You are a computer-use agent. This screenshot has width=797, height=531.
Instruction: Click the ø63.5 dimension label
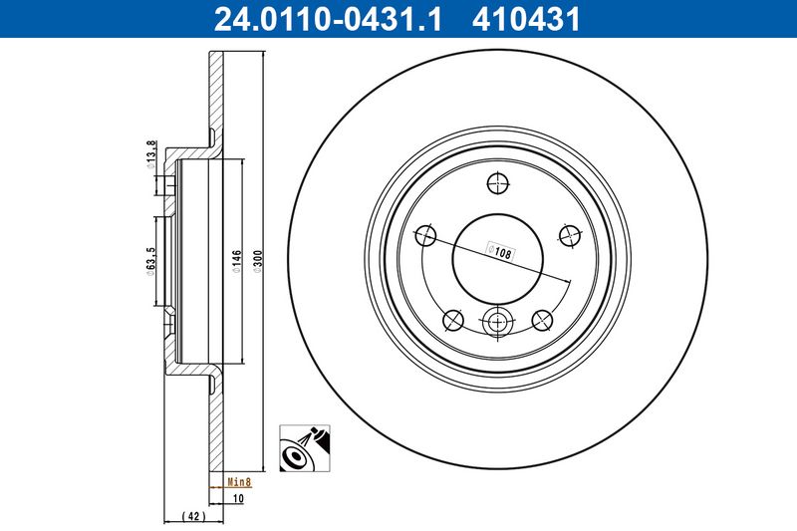tap(150, 263)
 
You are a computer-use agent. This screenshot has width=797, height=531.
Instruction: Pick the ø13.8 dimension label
tap(150, 155)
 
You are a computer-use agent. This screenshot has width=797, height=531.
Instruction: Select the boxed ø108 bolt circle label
tap(498, 251)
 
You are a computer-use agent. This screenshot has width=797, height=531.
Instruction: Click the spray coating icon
tap(307, 448)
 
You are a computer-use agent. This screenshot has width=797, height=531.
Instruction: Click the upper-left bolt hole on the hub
tap(424, 235)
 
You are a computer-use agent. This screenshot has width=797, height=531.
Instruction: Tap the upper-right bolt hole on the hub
tap(571, 235)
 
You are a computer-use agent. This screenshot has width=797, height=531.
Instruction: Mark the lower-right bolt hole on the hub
tap(543, 319)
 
